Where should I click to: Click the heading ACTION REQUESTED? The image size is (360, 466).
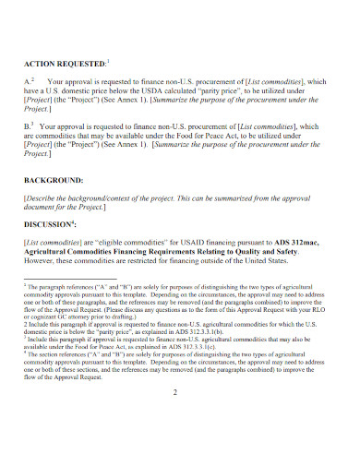pos(65,64)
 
